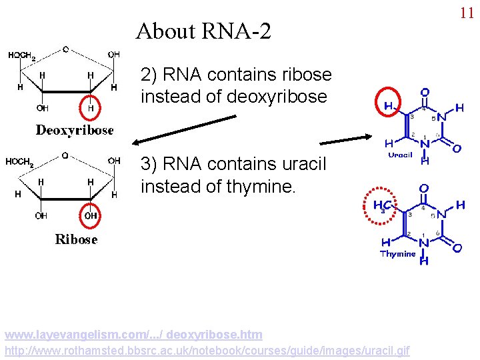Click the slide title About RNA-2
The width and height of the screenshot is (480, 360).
pyautogui.click(x=203, y=31)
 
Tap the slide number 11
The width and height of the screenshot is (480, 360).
pyautogui.click(x=466, y=13)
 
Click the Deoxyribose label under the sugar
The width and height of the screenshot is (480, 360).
pyautogui.click(x=74, y=130)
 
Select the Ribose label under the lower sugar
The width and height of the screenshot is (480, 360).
pyautogui.click(x=76, y=239)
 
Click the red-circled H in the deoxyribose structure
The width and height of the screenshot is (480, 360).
pyautogui.click(x=91, y=106)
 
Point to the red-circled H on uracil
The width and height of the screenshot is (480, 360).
pyautogui.click(x=388, y=105)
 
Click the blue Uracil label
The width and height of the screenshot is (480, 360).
pyautogui.click(x=401, y=155)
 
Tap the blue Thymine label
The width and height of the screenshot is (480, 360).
pyautogui.click(x=398, y=253)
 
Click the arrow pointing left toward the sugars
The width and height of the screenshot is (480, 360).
pyautogui.click(x=183, y=129)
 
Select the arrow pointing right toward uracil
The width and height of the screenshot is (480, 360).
pyautogui.click(x=346, y=140)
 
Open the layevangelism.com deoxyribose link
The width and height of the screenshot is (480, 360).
pyautogui.click(x=133, y=334)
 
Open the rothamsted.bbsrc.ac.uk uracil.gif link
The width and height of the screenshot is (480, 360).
pyautogui.click(x=207, y=350)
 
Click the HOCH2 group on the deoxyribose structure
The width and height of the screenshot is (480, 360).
pyautogui.click(x=22, y=55)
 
